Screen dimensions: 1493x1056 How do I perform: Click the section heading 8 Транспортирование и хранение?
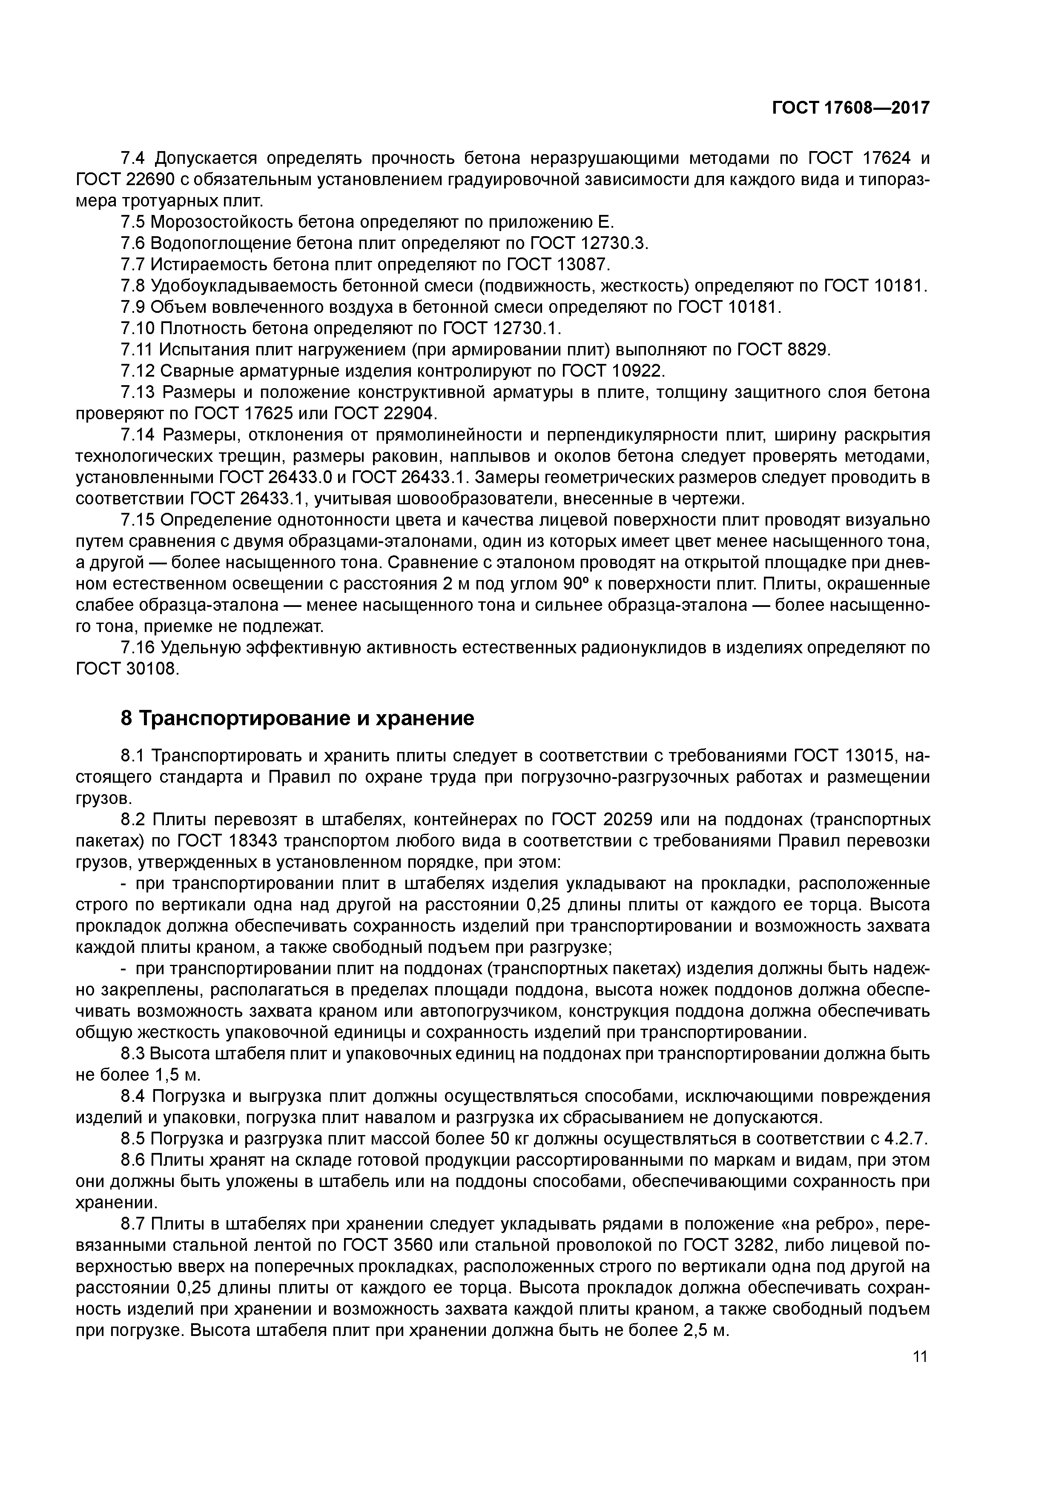pos(297,718)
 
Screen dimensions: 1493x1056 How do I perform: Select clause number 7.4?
pos(135,158)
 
